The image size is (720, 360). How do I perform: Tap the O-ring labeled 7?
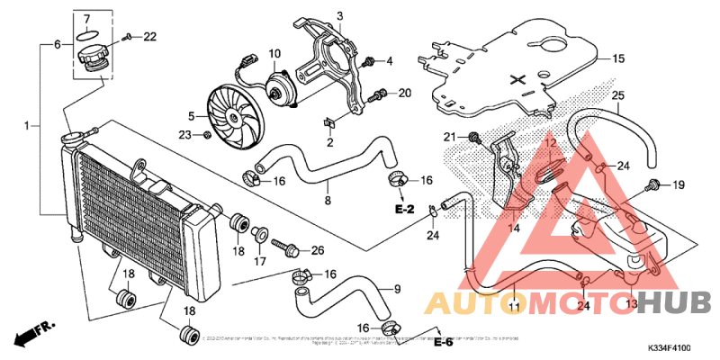(86, 36)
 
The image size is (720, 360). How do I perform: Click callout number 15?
(618, 58)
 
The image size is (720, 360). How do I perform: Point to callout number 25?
(617, 95)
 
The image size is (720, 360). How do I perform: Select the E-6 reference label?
(441, 342)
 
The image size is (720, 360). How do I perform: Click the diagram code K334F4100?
(668, 346)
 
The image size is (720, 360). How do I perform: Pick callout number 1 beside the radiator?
(27, 124)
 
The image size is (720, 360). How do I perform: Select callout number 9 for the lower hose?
(395, 289)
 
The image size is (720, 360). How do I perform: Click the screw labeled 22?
(129, 37)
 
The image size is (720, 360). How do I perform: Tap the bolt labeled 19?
(651, 186)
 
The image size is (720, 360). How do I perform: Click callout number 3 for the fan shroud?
(340, 16)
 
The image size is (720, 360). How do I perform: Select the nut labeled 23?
(207, 135)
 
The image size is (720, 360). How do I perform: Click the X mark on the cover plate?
(517, 79)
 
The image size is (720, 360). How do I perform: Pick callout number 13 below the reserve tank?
(630, 305)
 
